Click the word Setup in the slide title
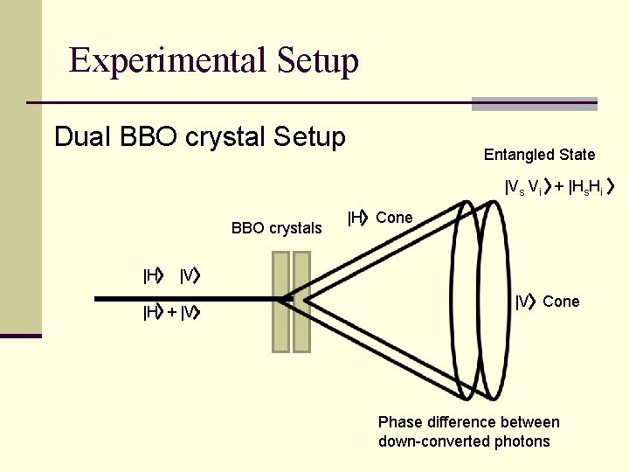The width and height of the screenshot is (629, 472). click(318, 60)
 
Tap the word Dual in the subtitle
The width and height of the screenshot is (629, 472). click(83, 137)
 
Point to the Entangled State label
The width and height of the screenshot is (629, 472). click(539, 155)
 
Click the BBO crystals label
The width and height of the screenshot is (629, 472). click(276, 228)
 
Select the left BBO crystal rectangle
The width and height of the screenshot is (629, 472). click(280, 302)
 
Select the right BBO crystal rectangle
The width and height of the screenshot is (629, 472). click(301, 302)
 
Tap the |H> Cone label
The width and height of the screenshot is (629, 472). click(380, 218)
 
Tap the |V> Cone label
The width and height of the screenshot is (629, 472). click(547, 302)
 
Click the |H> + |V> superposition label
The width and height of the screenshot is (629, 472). click(173, 312)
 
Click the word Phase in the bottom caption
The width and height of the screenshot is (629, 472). click(399, 422)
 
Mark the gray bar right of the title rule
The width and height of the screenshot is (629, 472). click(534, 104)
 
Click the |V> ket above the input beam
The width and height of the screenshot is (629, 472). click(190, 277)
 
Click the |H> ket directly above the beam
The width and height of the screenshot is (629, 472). click(154, 277)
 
